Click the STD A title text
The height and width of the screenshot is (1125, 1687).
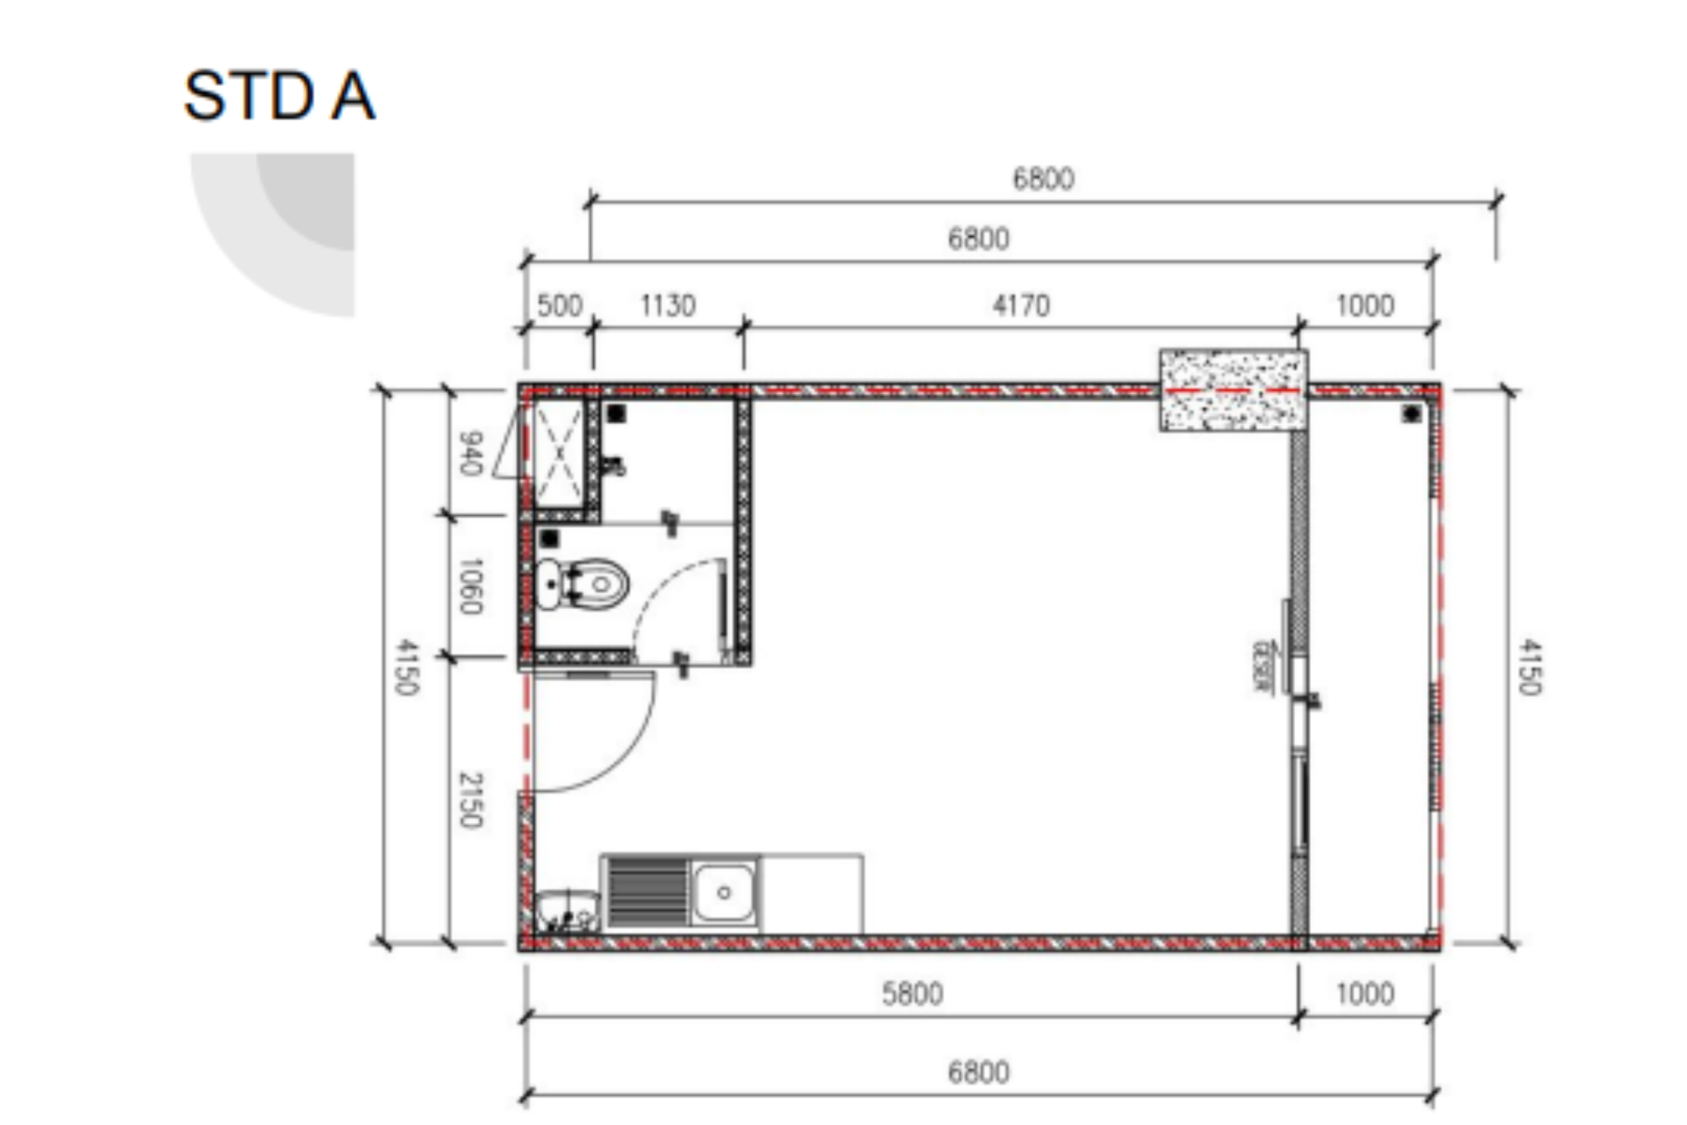(x=279, y=96)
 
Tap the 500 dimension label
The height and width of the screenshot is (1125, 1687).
(x=560, y=305)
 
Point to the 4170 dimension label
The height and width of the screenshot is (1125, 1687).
(x=1021, y=305)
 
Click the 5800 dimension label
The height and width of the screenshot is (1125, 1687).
(x=912, y=994)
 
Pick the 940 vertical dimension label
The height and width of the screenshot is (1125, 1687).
(x=471, y=453)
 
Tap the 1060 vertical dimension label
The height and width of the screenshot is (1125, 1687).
(x=471, y=586)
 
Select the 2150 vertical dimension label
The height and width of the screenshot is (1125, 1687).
(x=471, y=800)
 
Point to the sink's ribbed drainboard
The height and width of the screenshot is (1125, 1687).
(x=647, y=891)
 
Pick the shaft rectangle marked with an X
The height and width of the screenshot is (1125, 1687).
(x=558, y=453)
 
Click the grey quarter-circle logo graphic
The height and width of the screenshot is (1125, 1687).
(x=287, y=222)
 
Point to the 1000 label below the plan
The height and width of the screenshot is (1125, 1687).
(x=1365, y=994)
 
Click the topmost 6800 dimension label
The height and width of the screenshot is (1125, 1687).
(x=1044, y=179)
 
